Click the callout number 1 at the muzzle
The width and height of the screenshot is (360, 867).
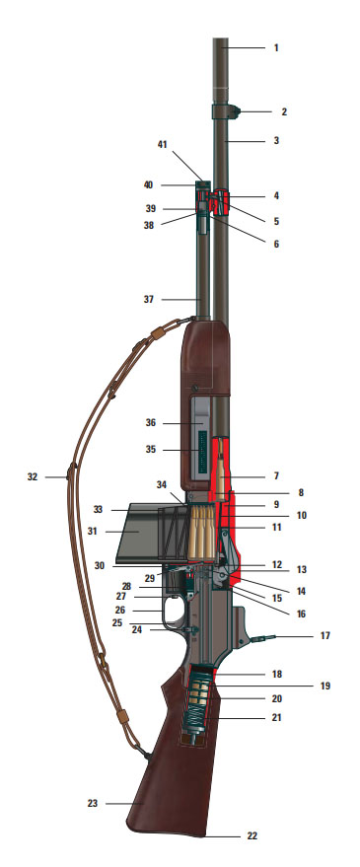click(276, 48)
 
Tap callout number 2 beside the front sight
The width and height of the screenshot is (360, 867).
click(284, 111)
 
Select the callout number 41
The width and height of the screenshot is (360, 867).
click(162, 144)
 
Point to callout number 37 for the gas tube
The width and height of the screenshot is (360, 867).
click(149, 300)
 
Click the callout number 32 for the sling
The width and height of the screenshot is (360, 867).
click(33, 476)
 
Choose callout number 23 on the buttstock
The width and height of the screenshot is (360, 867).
click(93, 804)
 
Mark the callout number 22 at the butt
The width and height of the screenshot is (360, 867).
click(252, 836)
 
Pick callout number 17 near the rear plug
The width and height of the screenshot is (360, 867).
click(325, 636)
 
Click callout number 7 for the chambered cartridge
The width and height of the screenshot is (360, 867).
click(276, 475)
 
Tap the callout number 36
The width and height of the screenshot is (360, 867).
click(151, 423)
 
